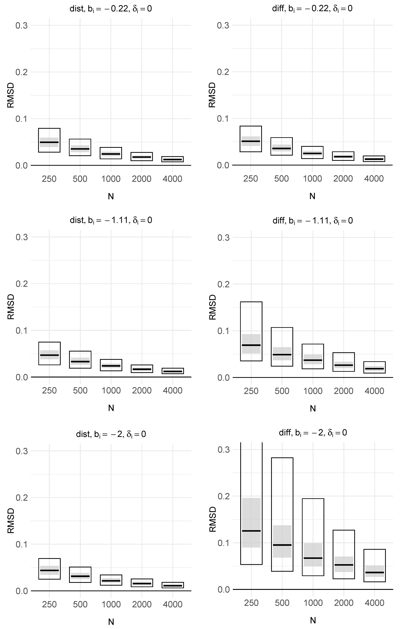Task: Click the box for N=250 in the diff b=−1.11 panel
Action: tap(251, 331)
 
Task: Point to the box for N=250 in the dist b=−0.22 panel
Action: tap(49, 140)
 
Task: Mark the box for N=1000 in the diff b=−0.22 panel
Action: tap(312, 153)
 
